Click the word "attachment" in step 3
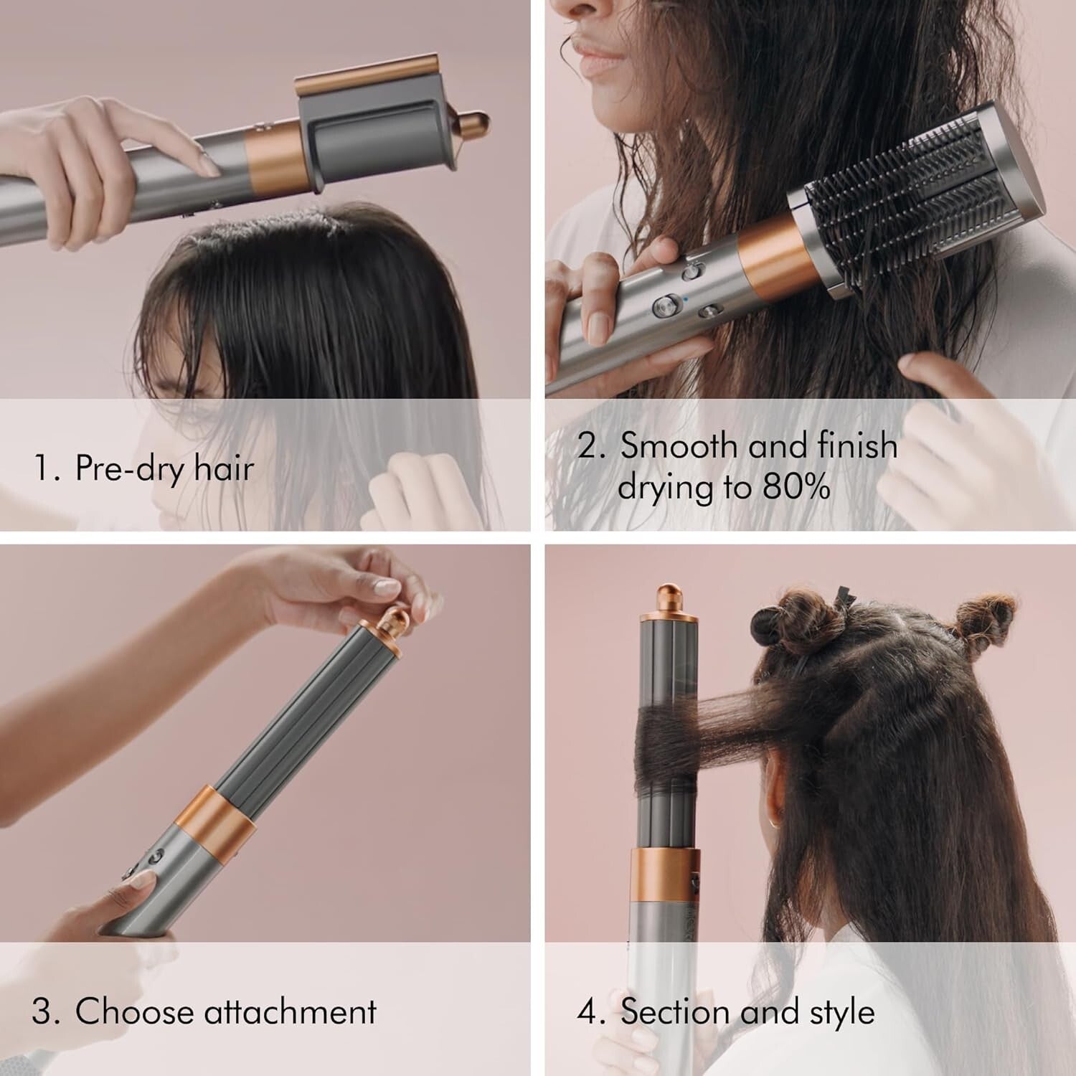click(x=290, y=1011)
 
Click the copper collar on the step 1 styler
click(x=273, y=156)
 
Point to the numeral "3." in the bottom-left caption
click(x=45, y=1011)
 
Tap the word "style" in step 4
click(x=842, y=1012)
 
